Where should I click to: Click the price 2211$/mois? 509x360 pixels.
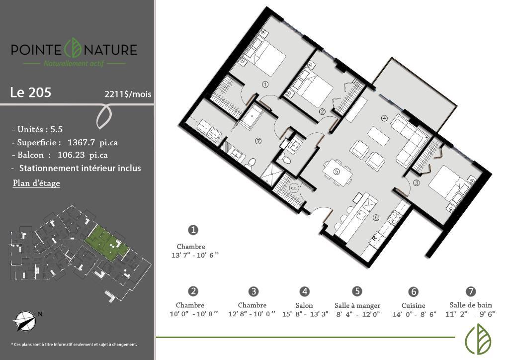pos(128,93)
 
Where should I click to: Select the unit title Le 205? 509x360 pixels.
pos(30,92)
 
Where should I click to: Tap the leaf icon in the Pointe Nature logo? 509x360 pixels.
pos(73,48)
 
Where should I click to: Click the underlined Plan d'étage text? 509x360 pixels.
pos(36,183)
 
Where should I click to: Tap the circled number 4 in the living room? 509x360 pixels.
pos(384,118)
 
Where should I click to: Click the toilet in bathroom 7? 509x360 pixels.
pos(252,163)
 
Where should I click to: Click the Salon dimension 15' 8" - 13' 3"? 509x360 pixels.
pos(305,314)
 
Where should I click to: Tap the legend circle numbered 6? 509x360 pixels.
pos(413,292)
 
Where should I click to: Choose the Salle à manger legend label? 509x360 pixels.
pos(357,305)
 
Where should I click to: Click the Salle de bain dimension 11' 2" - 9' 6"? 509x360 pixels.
pos(470,314)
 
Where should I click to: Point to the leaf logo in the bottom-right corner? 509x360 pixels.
pos(477,339)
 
